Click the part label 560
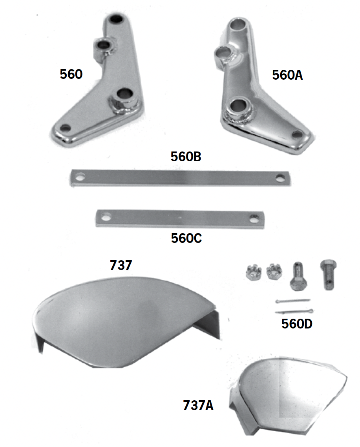[x=71, y=74]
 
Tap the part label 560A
[x=287, y=75]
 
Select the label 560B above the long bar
[x=186, y=157]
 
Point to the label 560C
[x=186, y=238]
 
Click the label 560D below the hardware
[x=297, y=324]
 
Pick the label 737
[x=121, y=265]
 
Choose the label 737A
[x=198, y=405]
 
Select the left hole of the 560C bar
[x=105, y=217]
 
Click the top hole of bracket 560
[x=116, y=18]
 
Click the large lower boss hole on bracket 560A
[x=238, y=104]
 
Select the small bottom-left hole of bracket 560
[x=66, y=128]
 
